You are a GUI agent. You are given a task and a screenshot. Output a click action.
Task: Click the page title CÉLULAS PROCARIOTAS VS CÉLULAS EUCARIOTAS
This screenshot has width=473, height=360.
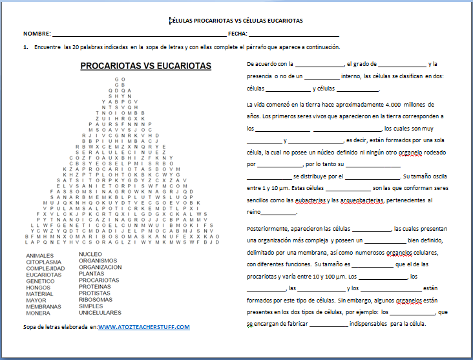236,21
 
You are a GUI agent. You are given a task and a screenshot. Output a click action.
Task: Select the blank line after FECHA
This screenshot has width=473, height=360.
293,34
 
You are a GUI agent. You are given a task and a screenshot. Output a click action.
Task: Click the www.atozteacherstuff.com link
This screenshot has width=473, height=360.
144,327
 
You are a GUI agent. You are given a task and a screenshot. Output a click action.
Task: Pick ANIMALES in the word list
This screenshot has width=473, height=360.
40,255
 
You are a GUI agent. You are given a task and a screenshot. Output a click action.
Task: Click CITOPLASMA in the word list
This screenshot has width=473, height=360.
45,262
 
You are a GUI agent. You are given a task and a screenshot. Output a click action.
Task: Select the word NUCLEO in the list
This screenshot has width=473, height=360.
90,254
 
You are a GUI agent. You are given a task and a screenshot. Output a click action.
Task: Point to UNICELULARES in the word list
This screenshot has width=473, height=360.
100,312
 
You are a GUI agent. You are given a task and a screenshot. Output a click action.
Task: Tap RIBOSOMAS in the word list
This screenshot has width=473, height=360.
96,299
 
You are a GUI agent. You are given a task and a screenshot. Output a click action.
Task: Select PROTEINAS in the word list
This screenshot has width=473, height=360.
96,286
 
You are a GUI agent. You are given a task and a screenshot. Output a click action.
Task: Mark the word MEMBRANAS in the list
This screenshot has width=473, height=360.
45,306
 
